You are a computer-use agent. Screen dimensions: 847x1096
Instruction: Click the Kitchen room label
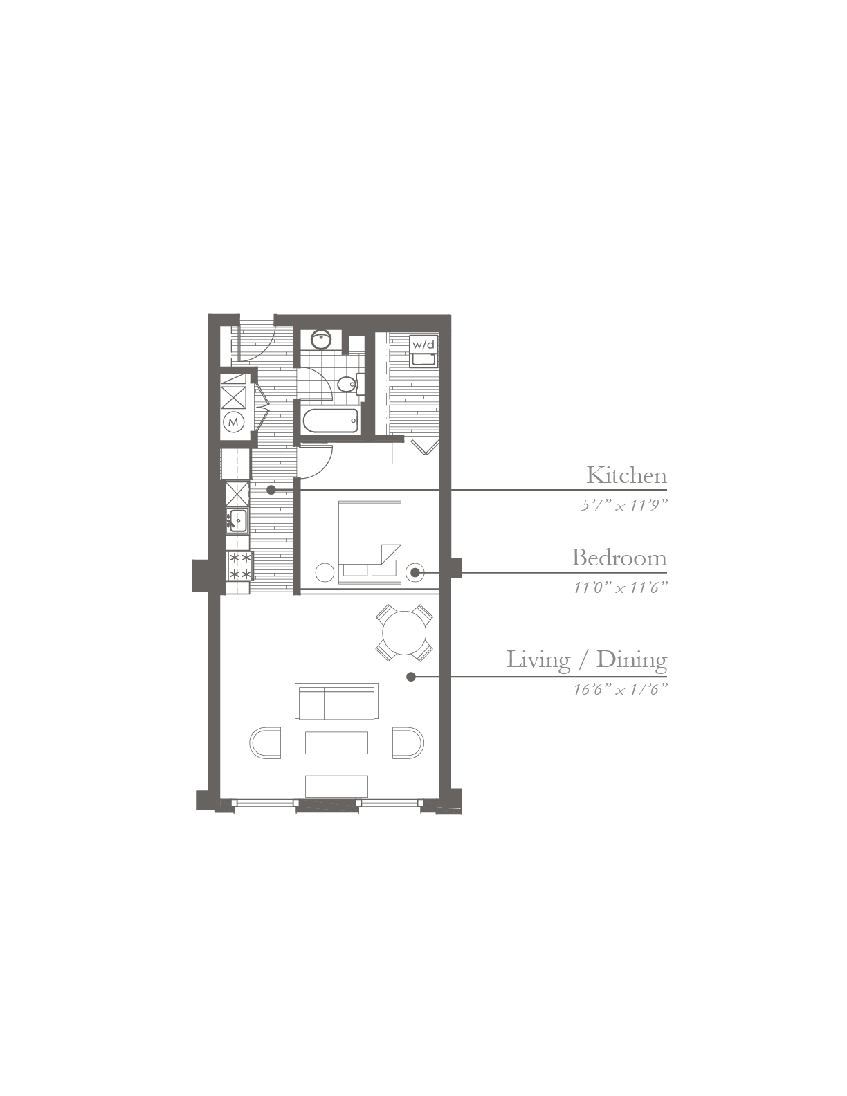pos(626,475)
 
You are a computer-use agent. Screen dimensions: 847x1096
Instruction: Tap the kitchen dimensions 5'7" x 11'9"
pos(624,505)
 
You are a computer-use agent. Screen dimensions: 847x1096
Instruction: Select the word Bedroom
pos(619,558)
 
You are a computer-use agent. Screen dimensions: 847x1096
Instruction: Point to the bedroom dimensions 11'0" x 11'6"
pos(621,587)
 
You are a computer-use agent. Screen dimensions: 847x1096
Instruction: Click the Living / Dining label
pos(587,660)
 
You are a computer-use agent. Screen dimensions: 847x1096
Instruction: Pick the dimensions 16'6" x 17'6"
pos(621,689)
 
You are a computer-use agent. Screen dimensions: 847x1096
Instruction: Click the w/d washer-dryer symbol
pos(423,351)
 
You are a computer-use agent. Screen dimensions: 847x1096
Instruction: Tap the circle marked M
pos(234,421)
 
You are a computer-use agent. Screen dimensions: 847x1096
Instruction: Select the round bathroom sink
pos(320,340)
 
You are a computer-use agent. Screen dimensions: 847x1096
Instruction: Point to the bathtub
pos(330,421)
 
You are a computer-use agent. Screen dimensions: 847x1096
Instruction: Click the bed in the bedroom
pos(370,542)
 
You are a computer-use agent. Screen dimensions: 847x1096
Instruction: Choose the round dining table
pos(404,632)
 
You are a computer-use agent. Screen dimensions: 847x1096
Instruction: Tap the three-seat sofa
pos(336,702)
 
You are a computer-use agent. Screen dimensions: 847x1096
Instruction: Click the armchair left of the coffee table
pos(265,742)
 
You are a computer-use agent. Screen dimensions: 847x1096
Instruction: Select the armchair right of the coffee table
pos(408,742)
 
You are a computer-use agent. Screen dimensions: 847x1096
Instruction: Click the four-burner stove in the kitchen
pos(239,567)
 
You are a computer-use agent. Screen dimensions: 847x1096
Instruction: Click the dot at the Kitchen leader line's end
pos(271,490)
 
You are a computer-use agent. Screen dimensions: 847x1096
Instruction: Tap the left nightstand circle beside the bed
pos(325,572)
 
